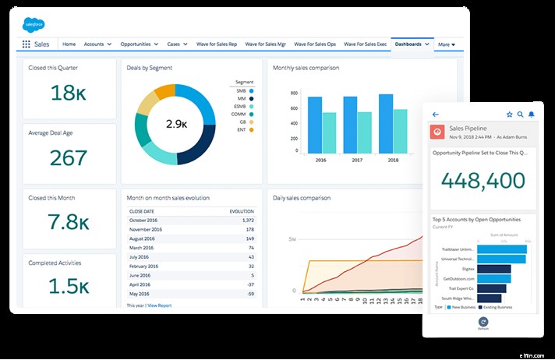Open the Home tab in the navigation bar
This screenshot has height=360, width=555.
click(x=69, y=44)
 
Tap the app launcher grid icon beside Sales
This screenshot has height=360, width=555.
click(x=26, y=45)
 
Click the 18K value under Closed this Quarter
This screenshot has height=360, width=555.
click(x=68, y=93)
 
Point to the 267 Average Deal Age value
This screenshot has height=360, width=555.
click(x=68, y=157)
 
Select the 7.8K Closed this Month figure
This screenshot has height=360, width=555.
click(x=68, y=222)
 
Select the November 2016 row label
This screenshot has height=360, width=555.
click(x=148, y=230)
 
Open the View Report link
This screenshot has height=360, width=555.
click(x=159, y=305)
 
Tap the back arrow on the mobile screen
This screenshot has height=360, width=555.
click(x=435, y=114)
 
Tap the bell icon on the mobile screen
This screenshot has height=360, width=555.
click(x=531, y=114)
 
